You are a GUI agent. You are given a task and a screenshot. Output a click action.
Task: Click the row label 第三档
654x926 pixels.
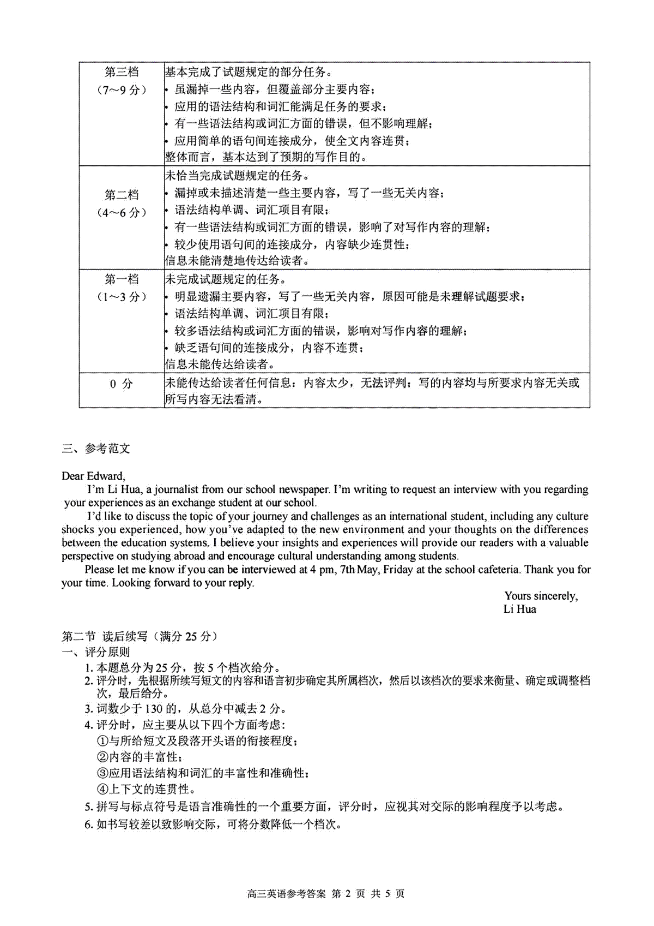coord(122,72)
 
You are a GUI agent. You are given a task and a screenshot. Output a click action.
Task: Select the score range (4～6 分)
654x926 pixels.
coord(122,213)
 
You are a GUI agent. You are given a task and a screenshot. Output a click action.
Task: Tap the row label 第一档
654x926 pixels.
coord(122,279)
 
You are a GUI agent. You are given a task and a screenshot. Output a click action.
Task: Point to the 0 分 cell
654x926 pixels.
coord(122,384)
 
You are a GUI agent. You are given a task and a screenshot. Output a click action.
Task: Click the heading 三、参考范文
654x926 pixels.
coord(96,449)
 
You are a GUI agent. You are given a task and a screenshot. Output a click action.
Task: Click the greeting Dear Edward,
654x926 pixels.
coord(93,476)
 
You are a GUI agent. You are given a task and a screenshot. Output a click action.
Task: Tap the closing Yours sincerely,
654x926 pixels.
coord(541,596)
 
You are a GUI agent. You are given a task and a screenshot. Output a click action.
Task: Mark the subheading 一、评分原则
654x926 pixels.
coord(96,652)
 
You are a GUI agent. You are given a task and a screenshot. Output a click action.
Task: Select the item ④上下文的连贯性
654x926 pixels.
coord(146,789)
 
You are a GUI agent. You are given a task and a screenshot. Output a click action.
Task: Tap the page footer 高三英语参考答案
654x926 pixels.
coord(286,894)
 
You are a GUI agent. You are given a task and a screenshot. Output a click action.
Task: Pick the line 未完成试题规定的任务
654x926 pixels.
coord(225,280)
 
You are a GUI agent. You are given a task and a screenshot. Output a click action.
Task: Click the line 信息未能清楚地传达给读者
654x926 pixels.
coord(237,261)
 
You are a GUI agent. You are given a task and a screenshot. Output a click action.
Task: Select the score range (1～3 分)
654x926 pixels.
coord(122,297)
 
